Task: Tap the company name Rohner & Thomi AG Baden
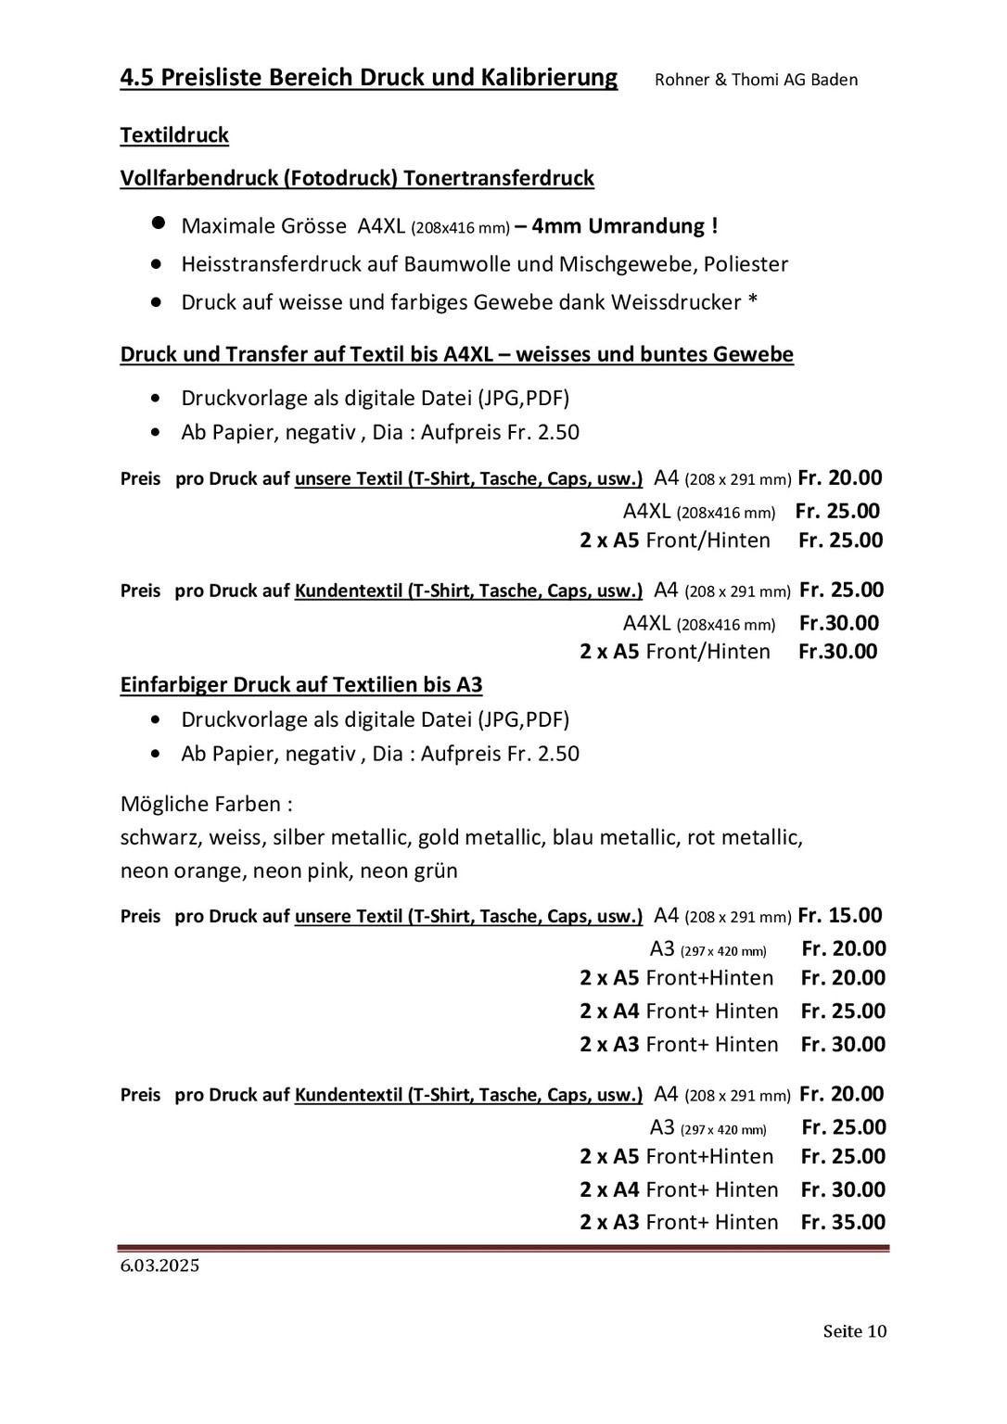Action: tap(756, 80)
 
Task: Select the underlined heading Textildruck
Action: tap(174, 135)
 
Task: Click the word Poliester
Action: tap(746, 264)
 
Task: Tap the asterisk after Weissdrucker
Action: tap(753, 302)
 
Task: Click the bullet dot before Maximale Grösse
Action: tap(159, 224)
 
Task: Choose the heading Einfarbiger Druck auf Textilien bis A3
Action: tap(301, 685)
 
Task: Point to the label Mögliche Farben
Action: tap(206, 804)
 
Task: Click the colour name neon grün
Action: tap(408, 871)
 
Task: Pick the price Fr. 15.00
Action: tap(840, 916)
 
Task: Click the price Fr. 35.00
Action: tap(843, 1222)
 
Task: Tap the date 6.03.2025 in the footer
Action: tap(159, 1266)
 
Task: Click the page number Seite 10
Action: tap(854, 1331)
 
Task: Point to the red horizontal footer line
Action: tap(503, 1249)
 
